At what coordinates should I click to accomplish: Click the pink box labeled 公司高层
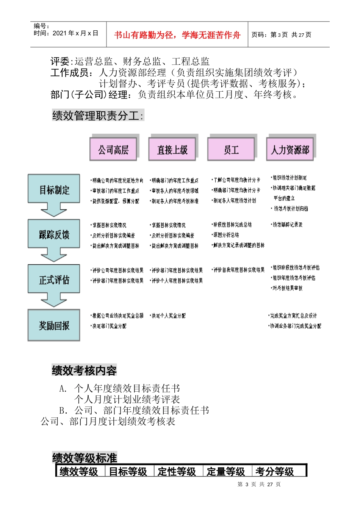click(x=113, y=150)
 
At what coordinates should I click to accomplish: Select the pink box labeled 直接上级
click(x=172, y=150)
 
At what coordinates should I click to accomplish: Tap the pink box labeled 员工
click(x=231, y=150)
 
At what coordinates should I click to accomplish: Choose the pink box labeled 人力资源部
click(x=290, y=150)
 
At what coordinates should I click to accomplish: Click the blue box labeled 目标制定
click(x=54, y=189)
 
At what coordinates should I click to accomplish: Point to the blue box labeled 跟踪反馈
click(x=54, y=234)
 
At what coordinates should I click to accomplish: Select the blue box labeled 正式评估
click(x=54, y=279)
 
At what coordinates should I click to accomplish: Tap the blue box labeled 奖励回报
click(x=54, y=325)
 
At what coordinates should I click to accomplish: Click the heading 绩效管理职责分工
click(x=98, y=116)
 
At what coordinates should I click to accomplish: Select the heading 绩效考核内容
click(x=84, y=370)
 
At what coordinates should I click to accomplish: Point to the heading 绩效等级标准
click(x=85, y=458)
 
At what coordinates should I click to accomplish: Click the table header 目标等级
click(x=128, y=472)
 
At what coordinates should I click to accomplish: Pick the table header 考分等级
click(x=275, y=472)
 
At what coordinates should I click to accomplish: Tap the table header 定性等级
click(x=177, y=472)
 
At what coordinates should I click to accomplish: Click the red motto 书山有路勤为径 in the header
click(x=177, y=35)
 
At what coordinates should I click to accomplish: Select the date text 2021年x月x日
click(x=75, y=33)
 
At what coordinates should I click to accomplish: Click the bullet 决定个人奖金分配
click(x=168, y=315)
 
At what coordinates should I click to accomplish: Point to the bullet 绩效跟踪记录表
click(x=287, y=225)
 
